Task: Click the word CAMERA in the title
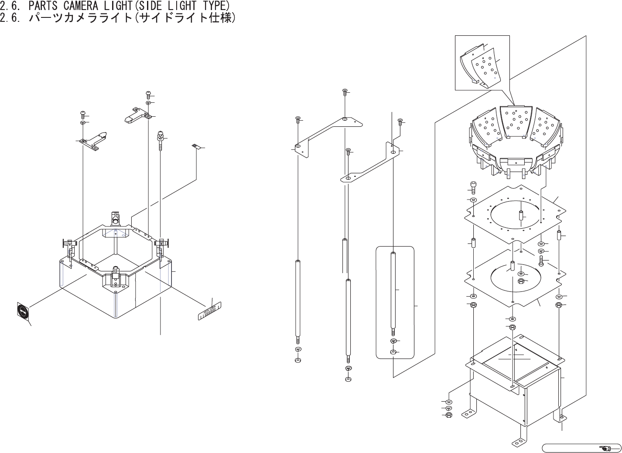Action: [87, 6]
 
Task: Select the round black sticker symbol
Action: [22, 311]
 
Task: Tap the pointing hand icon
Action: [606, 447]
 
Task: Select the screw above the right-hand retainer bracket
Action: [149, 94]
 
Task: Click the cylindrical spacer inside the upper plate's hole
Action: [520, 216]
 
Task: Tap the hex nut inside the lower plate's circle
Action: [520, 281]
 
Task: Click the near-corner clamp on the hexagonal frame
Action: [116, 274]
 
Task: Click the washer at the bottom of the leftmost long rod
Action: [298, 360]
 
